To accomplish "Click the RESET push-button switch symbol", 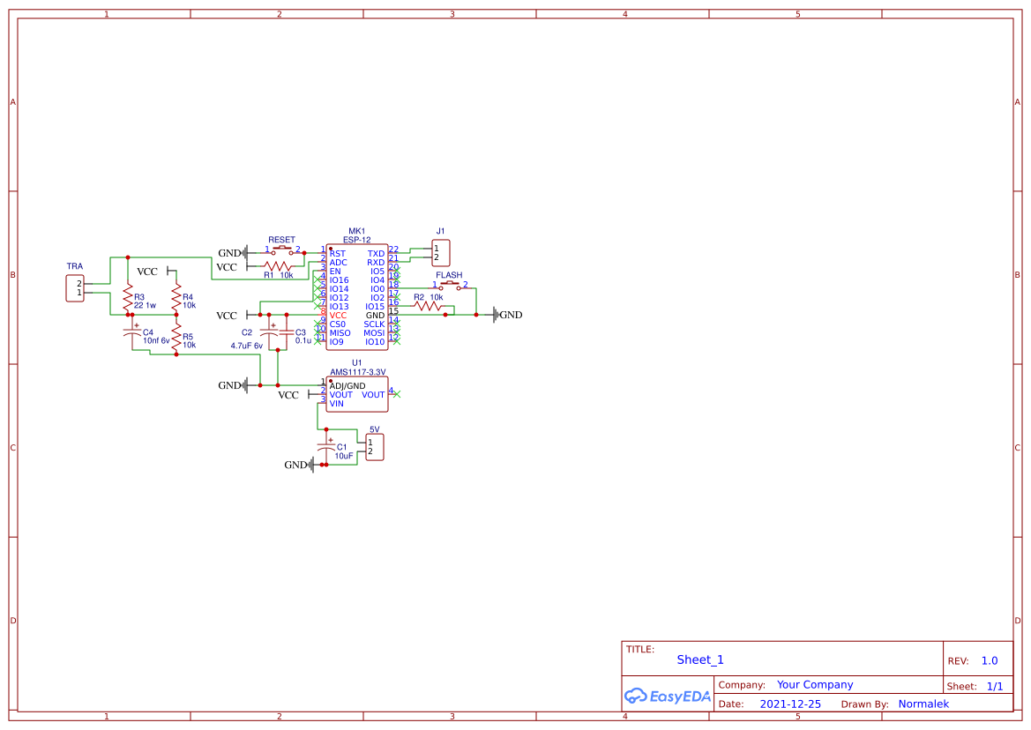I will click(282, 250).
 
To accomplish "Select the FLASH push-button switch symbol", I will click(449, 285).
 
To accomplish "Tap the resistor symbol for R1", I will click(278, 265).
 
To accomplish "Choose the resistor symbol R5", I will click(176, 336).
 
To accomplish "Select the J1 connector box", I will click(441, 253).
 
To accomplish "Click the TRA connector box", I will click(76, 288).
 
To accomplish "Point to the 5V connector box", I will click(375, 447).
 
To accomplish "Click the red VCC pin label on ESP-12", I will click(339, 316).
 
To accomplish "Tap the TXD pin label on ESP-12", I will click(376, 254).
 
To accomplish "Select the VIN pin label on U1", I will click(337, 404).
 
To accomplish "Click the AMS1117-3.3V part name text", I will click(358, 372).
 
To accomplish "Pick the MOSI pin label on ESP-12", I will click(374, 333).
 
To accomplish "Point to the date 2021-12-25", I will click(790, 704).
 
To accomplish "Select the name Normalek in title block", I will click(923, 704).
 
